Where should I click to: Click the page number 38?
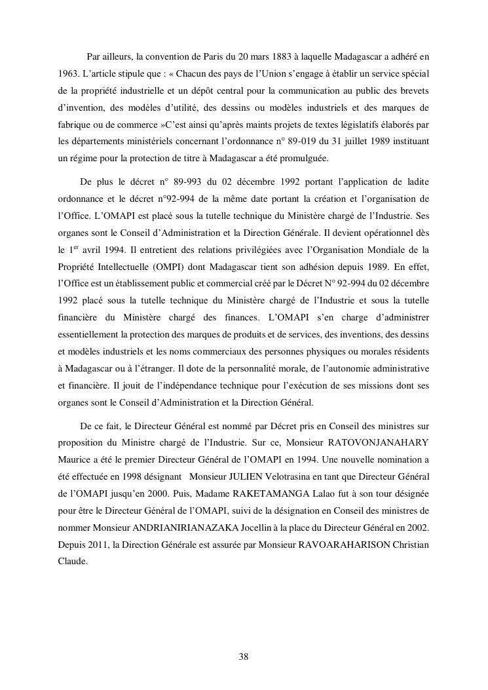pos(244,657)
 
